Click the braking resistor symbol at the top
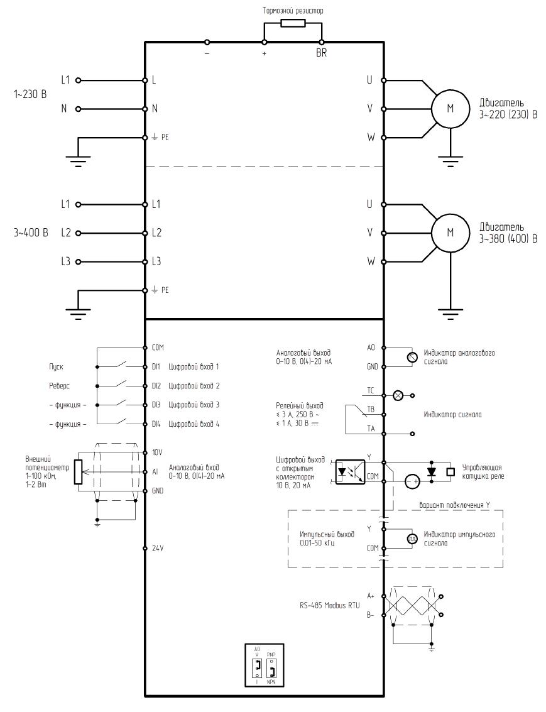(293, 23)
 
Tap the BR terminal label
(321, 53)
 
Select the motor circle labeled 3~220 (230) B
(450, 109)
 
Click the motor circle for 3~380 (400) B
(450, 233)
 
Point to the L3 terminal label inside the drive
(156, 261)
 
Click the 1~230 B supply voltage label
(30, 94)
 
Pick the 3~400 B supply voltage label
(31, 233)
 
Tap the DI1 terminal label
(156, 366)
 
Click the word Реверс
(60, 386)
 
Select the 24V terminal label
(158, 549)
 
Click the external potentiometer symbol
(78, 472)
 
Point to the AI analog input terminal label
(155, 472)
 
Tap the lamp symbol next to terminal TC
(398, 395)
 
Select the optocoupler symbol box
(350, 472)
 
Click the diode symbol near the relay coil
(432, 472)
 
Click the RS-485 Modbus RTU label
(329, 606)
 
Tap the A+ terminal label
(371, 596)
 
